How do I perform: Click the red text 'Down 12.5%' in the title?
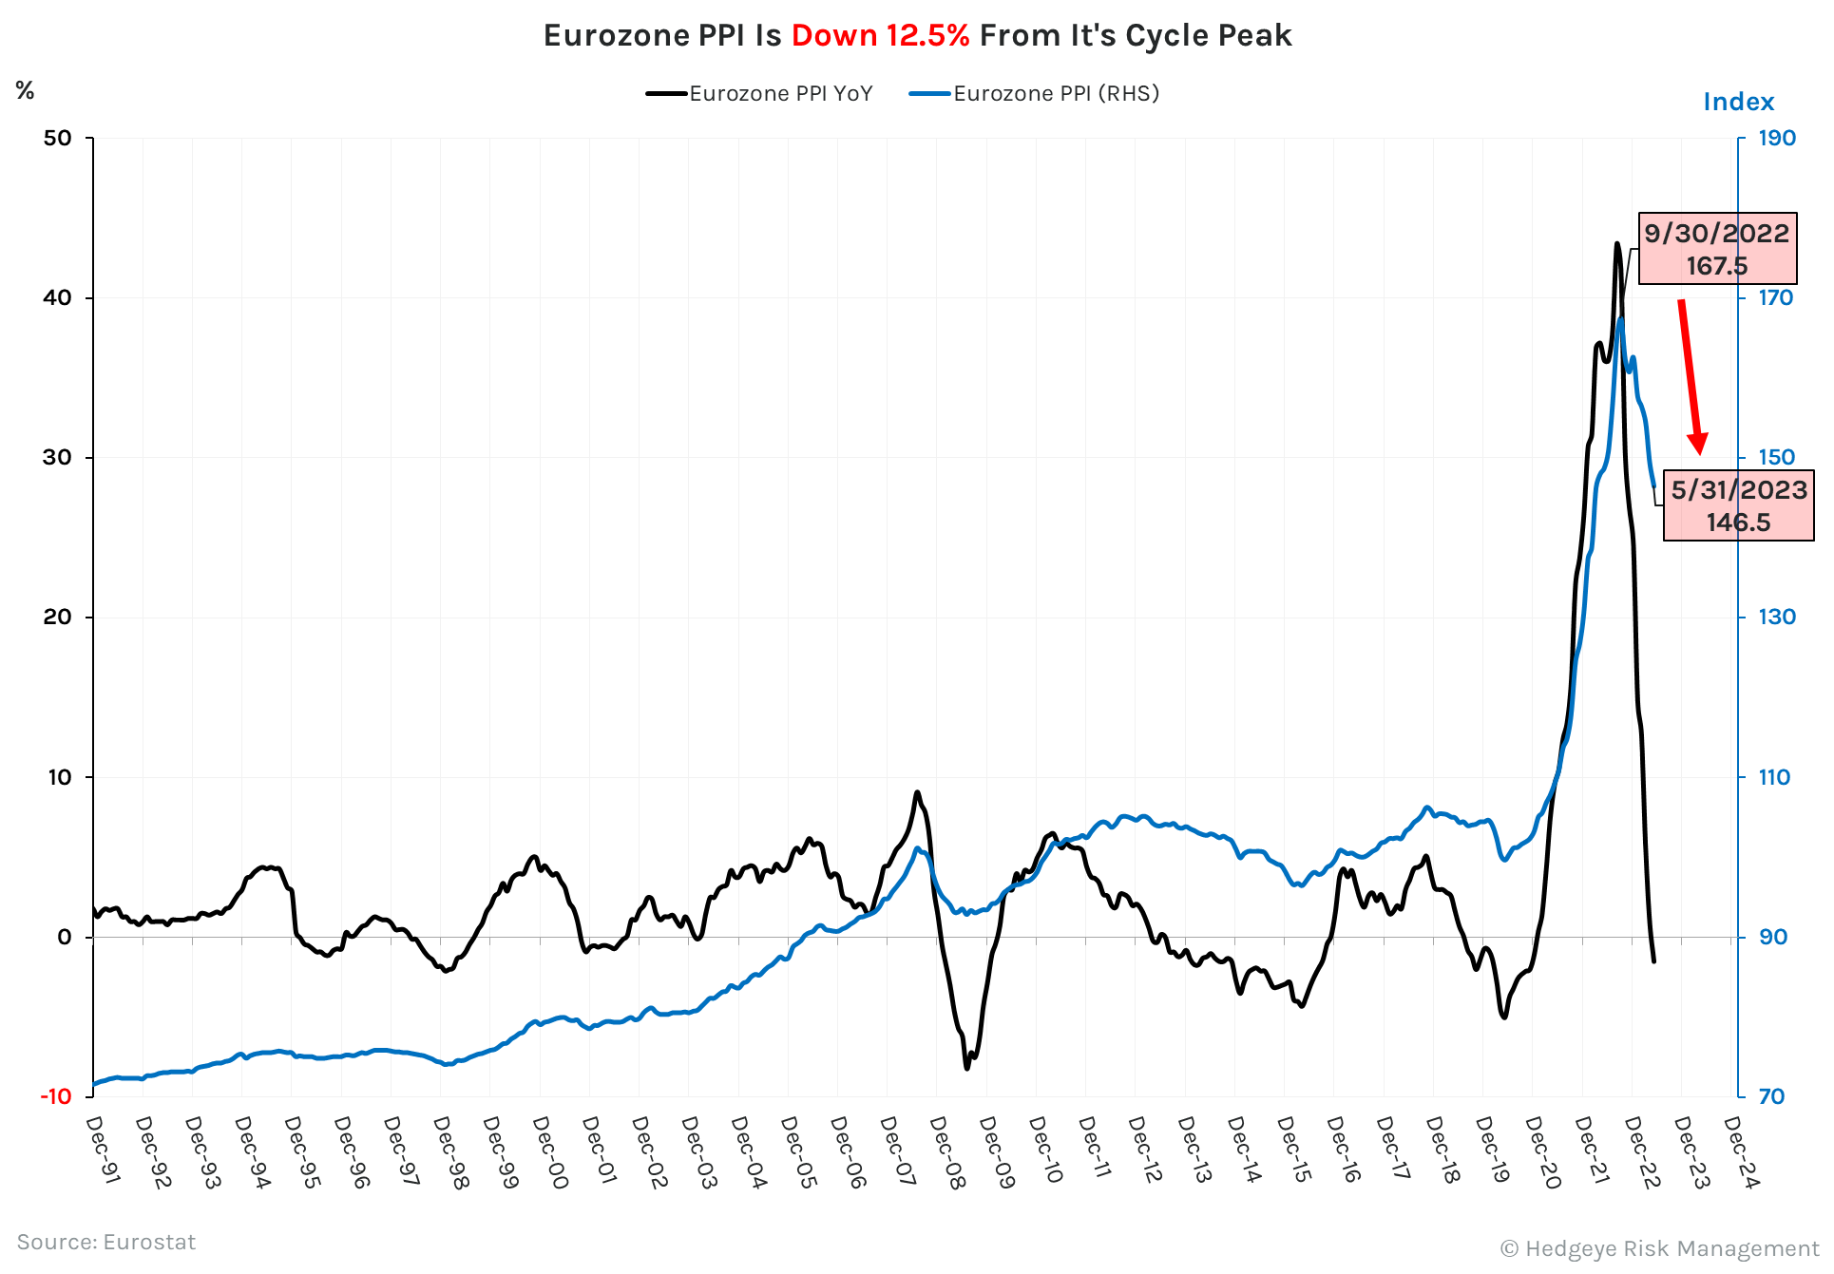pyautogui.click(x=880, y=35)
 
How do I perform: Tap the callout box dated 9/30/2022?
pyautogui.click(x=1716, y=248)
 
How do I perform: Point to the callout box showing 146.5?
pyautogui.click(x=1738, y=505)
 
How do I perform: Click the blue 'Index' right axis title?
pyautogui.click(x=1738, y=102)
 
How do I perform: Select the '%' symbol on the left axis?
pyautogui.click(x=25, y=90)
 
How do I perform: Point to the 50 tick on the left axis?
pyautogui.click(x=57, y=138)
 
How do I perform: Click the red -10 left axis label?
pyautogui.click(x=55, y=1096)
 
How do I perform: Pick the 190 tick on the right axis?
pyautogui.click(x=1776, y=138)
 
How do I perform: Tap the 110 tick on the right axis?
pyautogui.click(x=1774, y=777)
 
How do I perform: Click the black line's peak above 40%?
pyautogui.click(x=1616, y=244)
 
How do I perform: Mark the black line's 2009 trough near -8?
pyautogui.click(x=967, y=1068)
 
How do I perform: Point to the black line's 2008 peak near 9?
pyautogui.click(x=917, y=792)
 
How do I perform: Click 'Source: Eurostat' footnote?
pyautogui.click(x=106, y=1242)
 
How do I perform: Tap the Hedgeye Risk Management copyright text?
pyautogui.click(x=1659, y=1248)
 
